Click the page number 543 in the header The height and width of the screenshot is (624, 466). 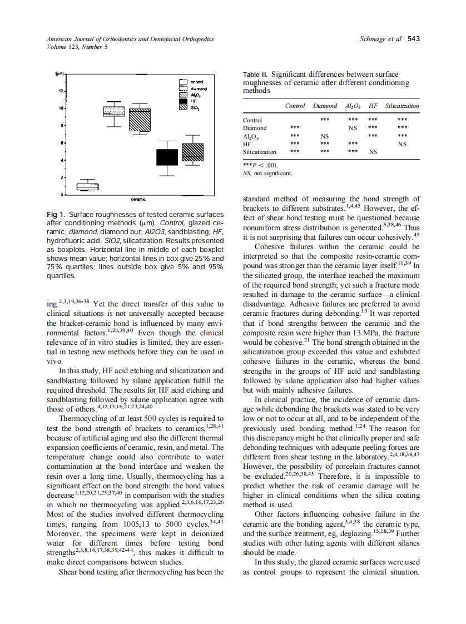[x=414, y=39]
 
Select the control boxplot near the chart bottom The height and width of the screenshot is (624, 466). [x=87, y=186]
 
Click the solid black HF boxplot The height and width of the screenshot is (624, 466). [x=166, y=157]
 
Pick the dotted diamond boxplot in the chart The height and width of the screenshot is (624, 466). [x=115, y=111]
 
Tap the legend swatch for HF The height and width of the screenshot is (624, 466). [x=182, y=101]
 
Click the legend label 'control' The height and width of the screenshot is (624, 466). [x=197, y=82]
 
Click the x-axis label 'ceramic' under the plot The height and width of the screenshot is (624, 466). [x=138, y=199]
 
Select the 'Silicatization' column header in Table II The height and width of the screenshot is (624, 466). [x=402, y=106]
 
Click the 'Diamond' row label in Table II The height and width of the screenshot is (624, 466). [x=255, y=127]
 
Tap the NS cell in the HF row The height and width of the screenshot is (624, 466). [x=402, y=143]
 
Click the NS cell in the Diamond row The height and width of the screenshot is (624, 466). [x=352, y=127]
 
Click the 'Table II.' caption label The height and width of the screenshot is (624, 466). [x=256, y=75]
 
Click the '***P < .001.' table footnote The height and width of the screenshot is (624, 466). [x=260, y=165]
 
